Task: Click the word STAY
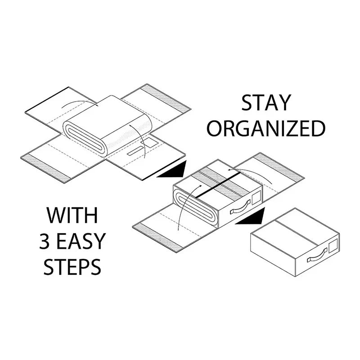(266, 103)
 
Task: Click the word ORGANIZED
(266, 129)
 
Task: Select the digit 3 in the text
(45, 241)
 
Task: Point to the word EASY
(81, 241)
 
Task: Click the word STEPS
(72, 267)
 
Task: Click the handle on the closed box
(317, 255)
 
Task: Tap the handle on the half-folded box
(240, 207)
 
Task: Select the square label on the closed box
(333, 246)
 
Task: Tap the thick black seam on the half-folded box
(217, 185)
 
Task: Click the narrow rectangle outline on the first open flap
(135, 151)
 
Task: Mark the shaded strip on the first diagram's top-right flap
(165, 99)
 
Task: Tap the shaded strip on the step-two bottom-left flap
(158, 238)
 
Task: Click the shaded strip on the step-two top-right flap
(279, 167)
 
